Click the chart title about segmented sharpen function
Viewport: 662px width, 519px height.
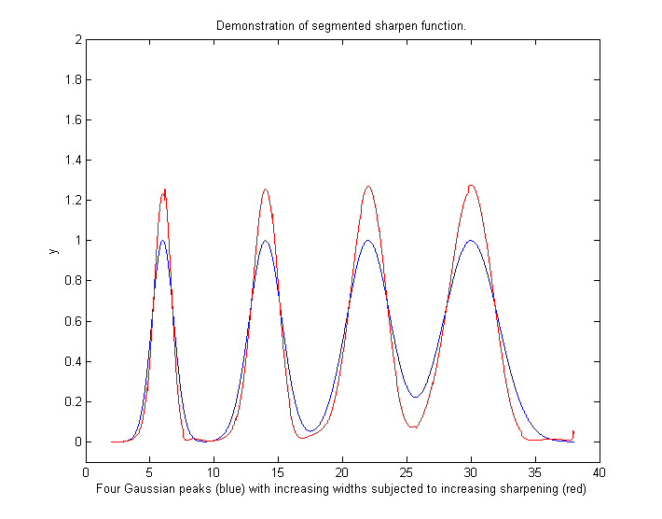pos(341,25)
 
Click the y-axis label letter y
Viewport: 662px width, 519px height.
pos(53,250)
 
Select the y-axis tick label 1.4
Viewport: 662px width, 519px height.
pos(71,161)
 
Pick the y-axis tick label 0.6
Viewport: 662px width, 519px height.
pos(71,322)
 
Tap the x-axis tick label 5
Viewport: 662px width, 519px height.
pos(149,472)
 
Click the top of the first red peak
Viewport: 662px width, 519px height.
pos(164,189)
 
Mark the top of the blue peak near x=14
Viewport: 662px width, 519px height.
pos(266,241)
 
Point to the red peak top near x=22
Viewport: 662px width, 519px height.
pos(368,187)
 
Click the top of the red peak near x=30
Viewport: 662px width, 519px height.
pos(472,185)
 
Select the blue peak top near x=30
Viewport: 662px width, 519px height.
pos(471,241)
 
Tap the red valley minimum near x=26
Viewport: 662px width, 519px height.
pos(414,428)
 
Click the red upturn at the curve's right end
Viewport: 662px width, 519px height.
pos(573,431)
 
